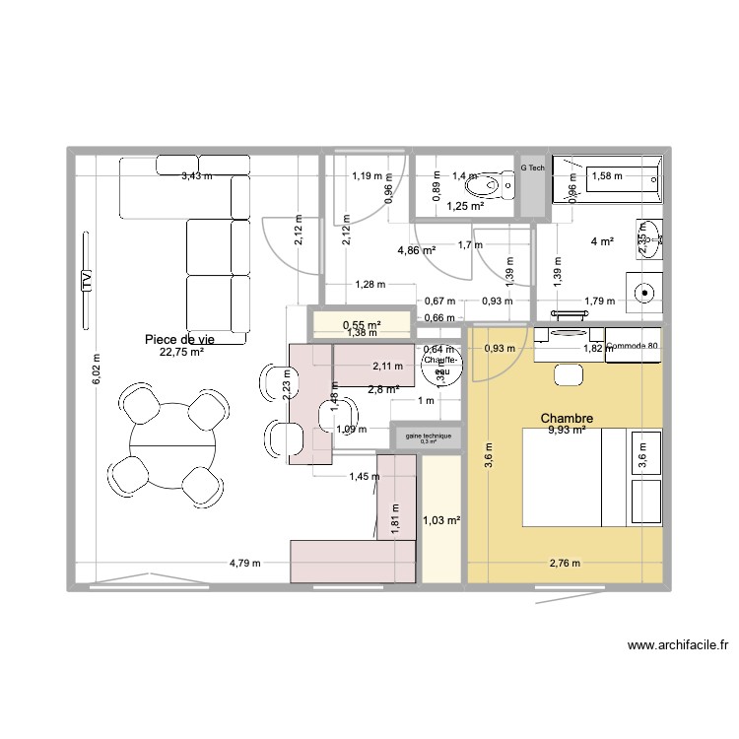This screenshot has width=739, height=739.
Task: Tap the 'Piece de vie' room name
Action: point(179,339)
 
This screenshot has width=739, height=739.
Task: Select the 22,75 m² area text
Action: point(181,352)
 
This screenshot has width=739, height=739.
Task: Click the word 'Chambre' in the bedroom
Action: point(567,419)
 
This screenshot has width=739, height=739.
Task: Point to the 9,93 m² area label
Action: point(567,431)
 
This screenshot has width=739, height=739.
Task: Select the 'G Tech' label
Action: point(532,168)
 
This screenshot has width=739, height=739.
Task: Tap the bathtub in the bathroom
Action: point(607,178)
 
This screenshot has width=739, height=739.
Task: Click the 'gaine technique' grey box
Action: point(428,437)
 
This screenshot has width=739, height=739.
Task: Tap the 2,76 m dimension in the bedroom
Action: point(566,564)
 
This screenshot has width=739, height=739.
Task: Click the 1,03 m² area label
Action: point(442,520)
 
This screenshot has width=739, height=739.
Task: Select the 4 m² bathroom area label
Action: point(602,242)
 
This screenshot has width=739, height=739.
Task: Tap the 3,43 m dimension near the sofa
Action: point(197,176)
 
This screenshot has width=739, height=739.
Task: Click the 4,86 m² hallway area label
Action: point(417,251)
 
